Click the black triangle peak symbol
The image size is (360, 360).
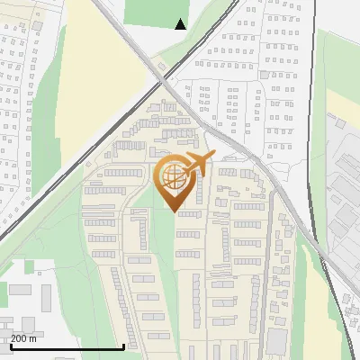coord(181,24)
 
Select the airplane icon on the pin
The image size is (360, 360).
coord(196,166)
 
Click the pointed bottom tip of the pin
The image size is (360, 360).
coord(176,211)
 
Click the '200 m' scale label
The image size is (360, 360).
coord(25,337)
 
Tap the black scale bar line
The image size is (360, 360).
coord(67,346)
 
